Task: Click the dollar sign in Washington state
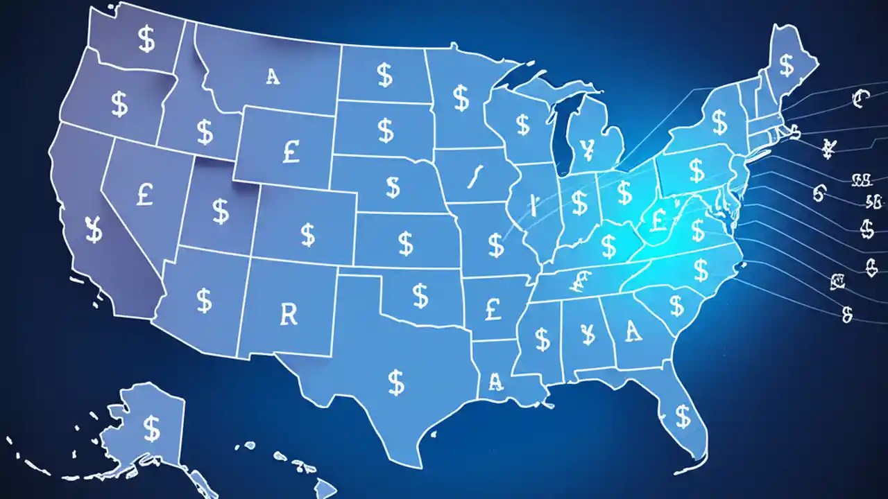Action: coord(146,40)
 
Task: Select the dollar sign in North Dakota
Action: coord(384,74)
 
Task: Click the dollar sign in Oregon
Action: coord(119,104)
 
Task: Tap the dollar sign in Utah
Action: coord(221,211)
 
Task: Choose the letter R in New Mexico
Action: coord(289,314)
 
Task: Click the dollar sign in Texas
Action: coord(396,380)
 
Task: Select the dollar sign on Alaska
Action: coord(151,428)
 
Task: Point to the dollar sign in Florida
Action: coord(683,416)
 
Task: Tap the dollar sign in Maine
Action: coord(787,66)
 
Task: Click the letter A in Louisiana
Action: coord(495,380)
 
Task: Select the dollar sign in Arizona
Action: coord(204,300)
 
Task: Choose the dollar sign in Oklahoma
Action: coord(420,295)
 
